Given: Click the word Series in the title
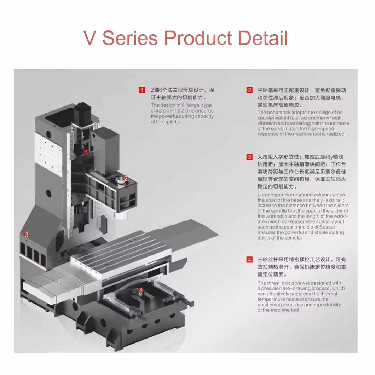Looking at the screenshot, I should [130, 38].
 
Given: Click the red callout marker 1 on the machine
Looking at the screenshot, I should [86, 152].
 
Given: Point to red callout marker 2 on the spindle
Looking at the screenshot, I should [126, 179].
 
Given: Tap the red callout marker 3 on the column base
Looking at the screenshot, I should [26, 234].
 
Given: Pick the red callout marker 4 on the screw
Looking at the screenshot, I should [141, 290].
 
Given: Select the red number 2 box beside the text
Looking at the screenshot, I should [249, 90].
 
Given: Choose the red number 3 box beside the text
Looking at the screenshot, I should [249, 157].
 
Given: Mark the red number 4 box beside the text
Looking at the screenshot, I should [249, 260].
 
